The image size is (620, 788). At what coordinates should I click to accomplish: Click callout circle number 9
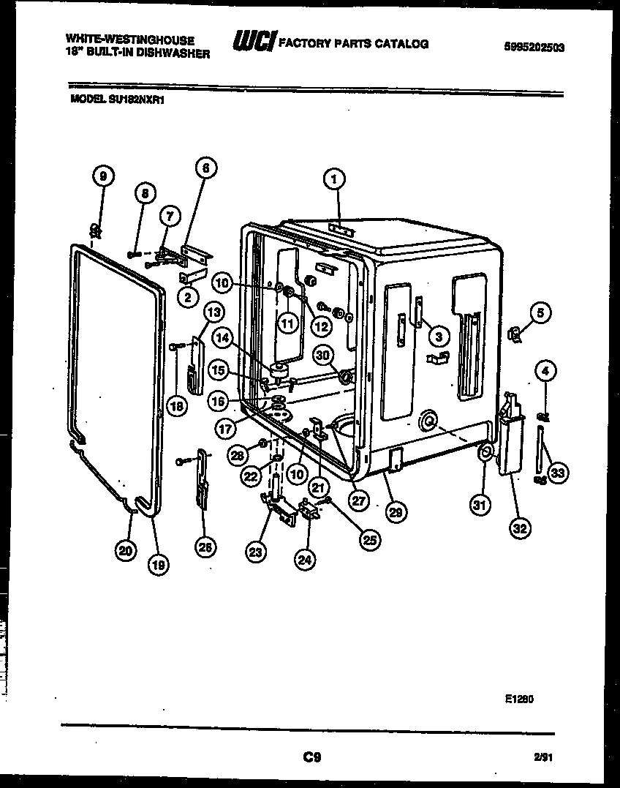point(103,176)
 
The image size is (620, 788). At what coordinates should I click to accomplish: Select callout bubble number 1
point(333,177)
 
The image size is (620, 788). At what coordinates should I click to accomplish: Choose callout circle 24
point(304,559)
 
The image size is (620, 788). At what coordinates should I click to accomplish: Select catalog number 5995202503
point(534,48)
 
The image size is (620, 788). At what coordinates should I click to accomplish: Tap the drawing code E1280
point(519,699)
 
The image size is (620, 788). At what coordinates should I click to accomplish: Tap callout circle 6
point(205,168)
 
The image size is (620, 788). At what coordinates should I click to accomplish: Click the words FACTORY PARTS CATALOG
point(353,44)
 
